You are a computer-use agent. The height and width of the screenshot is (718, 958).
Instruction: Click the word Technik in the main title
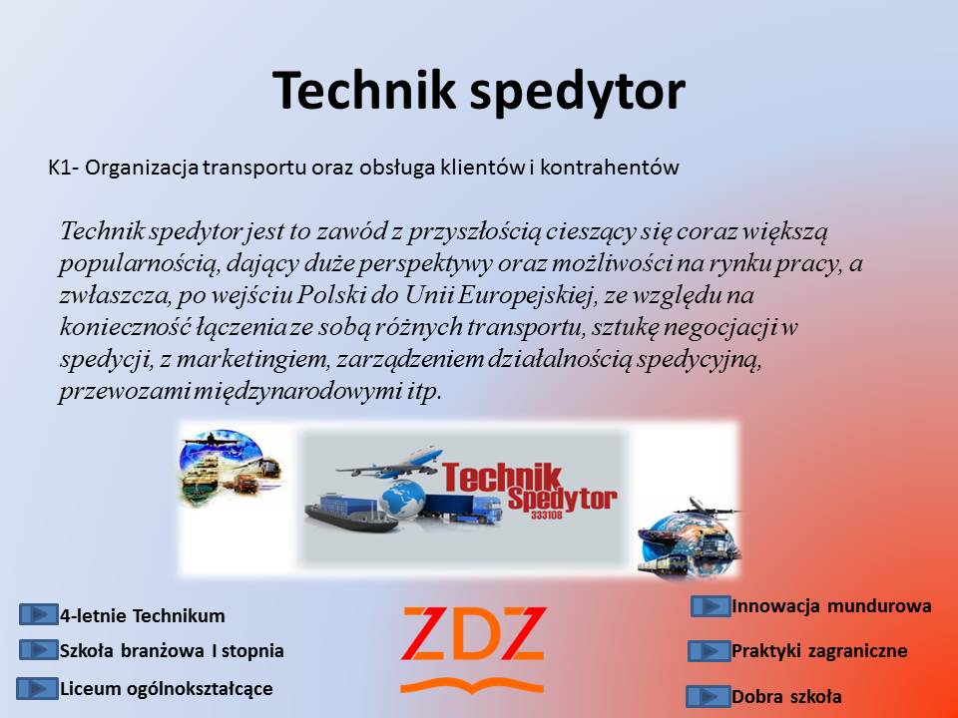363,90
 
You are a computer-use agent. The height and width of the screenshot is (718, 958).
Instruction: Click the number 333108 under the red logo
546,516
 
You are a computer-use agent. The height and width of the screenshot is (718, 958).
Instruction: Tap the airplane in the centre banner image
391,463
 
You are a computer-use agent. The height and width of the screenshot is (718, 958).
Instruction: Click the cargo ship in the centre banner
349,513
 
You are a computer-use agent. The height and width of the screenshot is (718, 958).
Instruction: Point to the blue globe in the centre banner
403,499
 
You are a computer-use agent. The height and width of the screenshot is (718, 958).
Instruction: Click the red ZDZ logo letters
473,634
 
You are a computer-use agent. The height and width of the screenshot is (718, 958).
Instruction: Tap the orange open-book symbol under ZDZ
472,686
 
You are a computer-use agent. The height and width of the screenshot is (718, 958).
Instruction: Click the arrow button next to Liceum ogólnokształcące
37,689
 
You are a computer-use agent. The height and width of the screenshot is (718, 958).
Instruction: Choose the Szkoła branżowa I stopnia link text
172,651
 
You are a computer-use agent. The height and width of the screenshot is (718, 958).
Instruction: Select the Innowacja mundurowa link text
831,606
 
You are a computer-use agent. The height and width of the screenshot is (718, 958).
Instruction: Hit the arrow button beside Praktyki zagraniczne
709,651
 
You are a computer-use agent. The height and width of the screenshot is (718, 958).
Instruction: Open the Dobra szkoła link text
787,697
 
